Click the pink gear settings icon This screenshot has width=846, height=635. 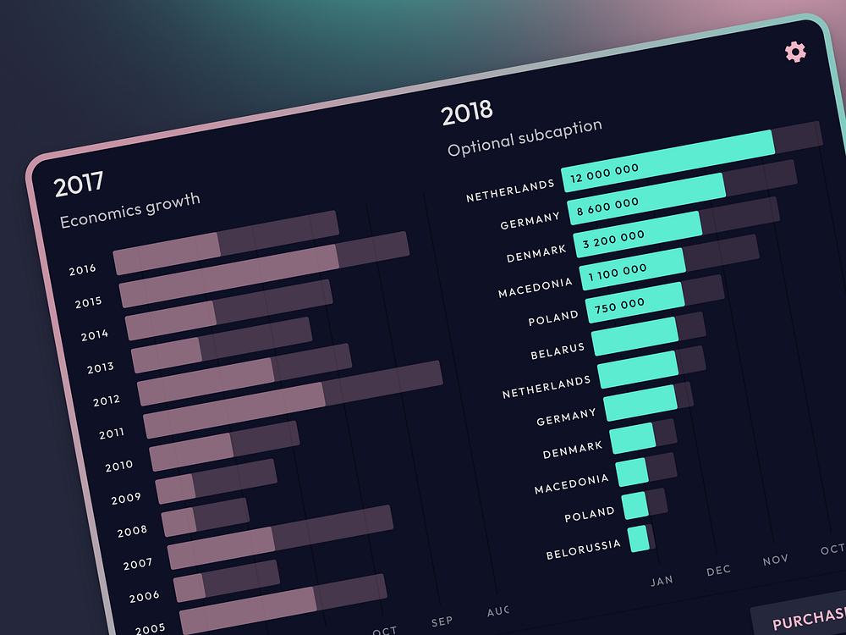coord(795,52)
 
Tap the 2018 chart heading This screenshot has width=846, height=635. coord(467,111)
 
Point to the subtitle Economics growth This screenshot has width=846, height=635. coord(130,209)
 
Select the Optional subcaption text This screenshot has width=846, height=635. coord(525,137)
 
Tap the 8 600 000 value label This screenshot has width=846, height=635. coord(608,204)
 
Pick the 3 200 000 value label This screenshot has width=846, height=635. coord(613,236)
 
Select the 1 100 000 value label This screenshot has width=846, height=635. coord(617,269)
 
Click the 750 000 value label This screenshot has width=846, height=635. coord(620,303)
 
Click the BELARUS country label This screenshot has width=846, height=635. coord(558,351)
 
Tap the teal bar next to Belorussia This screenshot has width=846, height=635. coord(639,538)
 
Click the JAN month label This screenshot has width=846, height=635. coord(662,580)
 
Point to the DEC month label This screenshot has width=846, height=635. coord(718,570)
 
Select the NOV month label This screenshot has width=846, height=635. coord(775,560)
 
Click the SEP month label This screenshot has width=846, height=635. coord(442,621)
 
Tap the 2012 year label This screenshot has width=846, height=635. coord(107,400)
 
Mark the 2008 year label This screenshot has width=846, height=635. coord(132,531)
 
